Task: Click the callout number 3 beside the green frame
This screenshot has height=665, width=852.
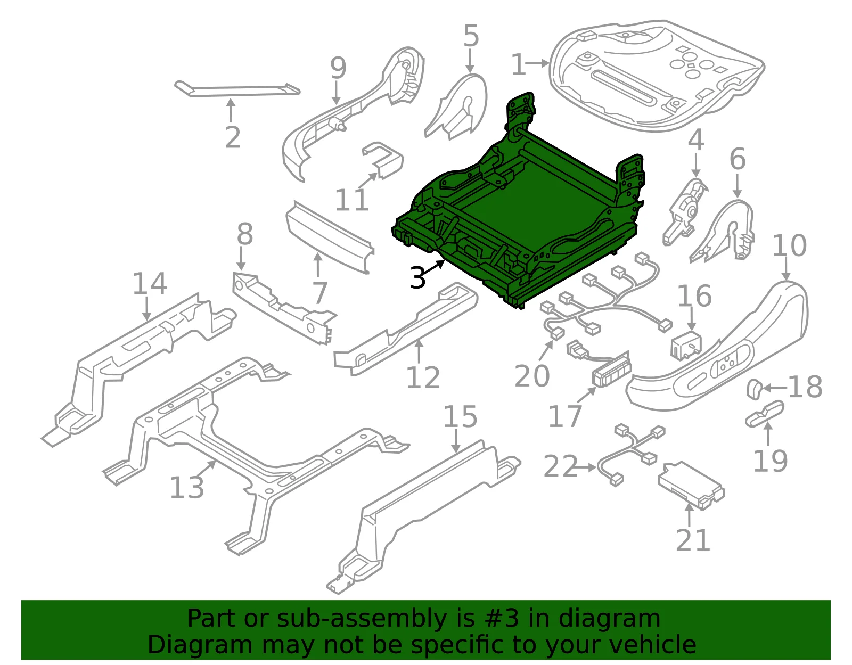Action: pyautogui.click(x=417, y=277)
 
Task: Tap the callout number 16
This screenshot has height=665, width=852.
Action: pyautogui.click(x=694, y=296)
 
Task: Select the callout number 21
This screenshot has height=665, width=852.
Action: pyautogui.click(x=693, y=540)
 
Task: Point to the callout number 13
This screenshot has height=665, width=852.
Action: pyautogui.click(x=187, y=487)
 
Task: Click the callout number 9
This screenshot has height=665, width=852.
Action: pyautogui.click(x=338, y=68)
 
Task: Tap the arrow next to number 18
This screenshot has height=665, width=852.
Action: pyautogui.click(x=775, y=388)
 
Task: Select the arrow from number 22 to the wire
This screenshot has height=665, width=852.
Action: pyautogui.click(x=587, y=467)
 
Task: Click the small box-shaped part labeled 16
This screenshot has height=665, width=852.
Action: pyautogui.click(x=686, y=345)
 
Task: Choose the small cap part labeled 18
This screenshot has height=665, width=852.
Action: pyautogui.click(x=754, y=389)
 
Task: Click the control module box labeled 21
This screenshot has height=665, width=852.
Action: pyautogui.click(x=691, y=485)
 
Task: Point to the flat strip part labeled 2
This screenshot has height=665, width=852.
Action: pyautogui.click(x=237, y=90)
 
